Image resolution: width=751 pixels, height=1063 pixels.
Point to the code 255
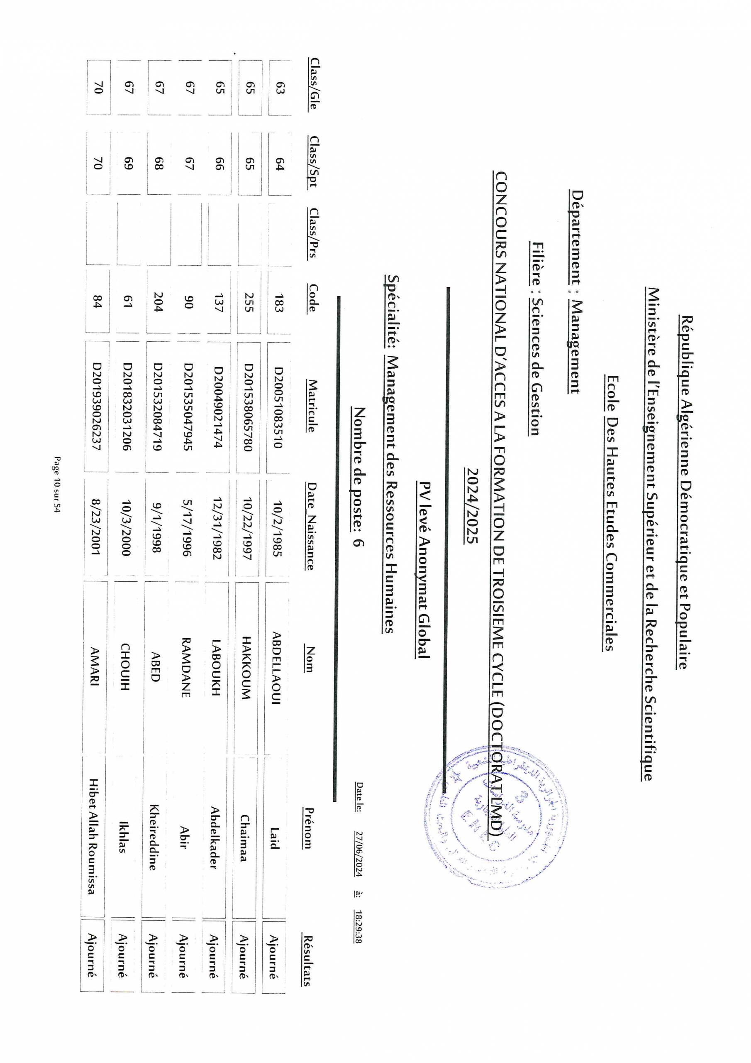coord(249,302)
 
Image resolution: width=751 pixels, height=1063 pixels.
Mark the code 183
coord(279,302)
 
